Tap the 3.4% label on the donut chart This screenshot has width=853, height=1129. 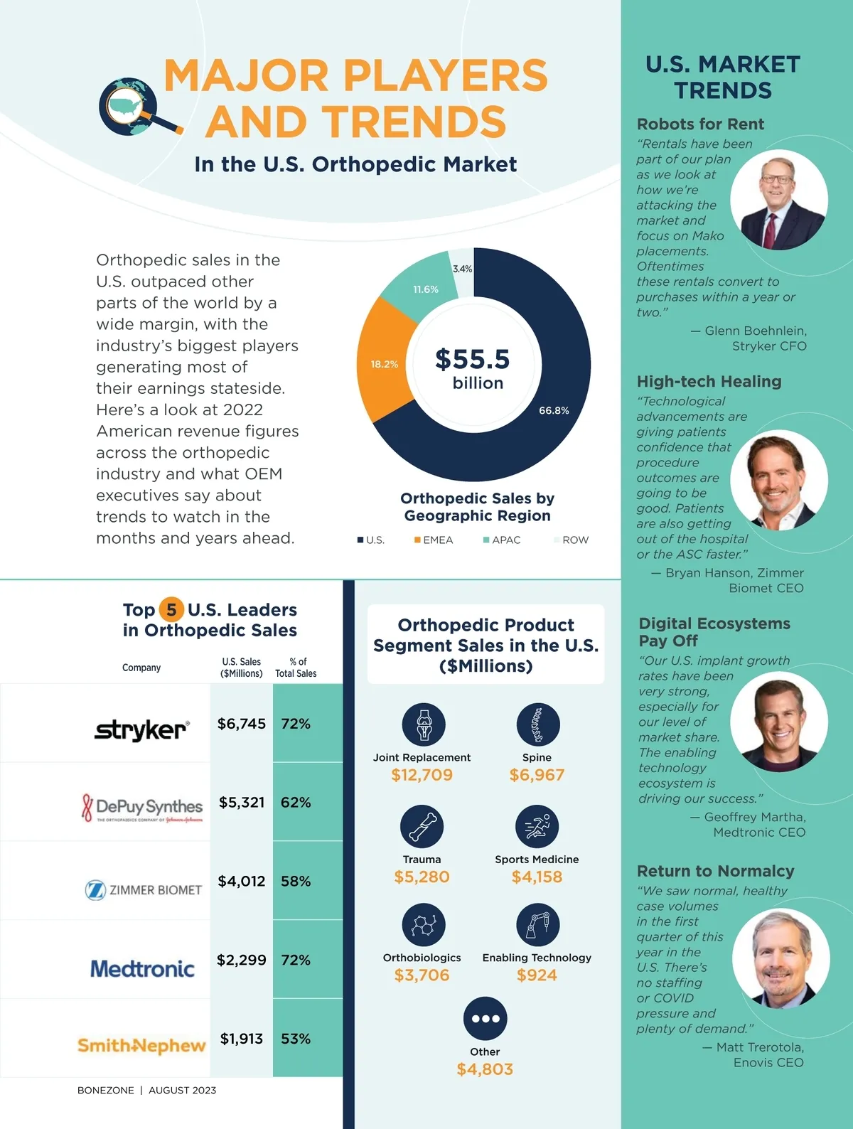[x=462, y=269]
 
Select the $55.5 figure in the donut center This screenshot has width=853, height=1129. [x=473, y=359]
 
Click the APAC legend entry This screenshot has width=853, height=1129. [x=502, y=540]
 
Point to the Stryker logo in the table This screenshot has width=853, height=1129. [x=141, y=729]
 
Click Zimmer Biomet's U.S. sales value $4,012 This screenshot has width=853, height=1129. [x=242, y=881]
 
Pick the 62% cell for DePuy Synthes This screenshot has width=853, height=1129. [x=296, y=802]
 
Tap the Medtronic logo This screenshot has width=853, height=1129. [x=142, y=968]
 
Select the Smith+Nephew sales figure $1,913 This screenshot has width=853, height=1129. [x=242, y=1039]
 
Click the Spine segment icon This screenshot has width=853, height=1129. [x=538, y=724]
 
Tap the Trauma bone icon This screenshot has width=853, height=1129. [x=422, y=826]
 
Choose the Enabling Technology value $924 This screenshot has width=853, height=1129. [x=537, y=975]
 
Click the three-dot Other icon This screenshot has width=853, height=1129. [x=485, y=1018]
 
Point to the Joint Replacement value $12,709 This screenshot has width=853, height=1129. [x=422, y=775]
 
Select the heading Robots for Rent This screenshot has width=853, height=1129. [x=700, y=124]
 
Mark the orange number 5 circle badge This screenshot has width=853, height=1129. [x=171, y=609]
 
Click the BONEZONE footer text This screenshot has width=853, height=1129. [x=105, y=1090]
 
